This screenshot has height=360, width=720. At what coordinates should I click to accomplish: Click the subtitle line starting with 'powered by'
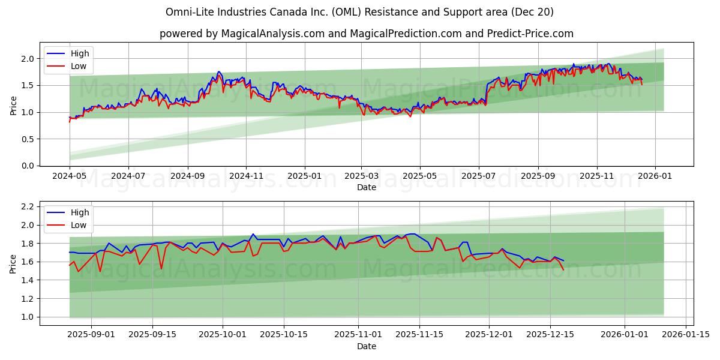tap(366, 34)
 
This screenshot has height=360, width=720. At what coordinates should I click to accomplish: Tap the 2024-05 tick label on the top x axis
tap(70, 177)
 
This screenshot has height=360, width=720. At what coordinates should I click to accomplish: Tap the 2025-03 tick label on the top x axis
tap(361, 177)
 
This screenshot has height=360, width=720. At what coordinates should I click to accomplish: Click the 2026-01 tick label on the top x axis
tap(655, 177)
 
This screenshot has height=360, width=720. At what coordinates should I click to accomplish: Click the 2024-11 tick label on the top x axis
tap(246, 177)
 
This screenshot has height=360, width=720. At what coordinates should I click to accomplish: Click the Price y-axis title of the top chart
tap(13, 106)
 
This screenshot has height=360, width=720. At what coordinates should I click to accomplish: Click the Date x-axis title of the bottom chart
tap(366, 347)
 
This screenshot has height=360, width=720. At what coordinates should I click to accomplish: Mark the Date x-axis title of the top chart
tap(366, 188)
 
